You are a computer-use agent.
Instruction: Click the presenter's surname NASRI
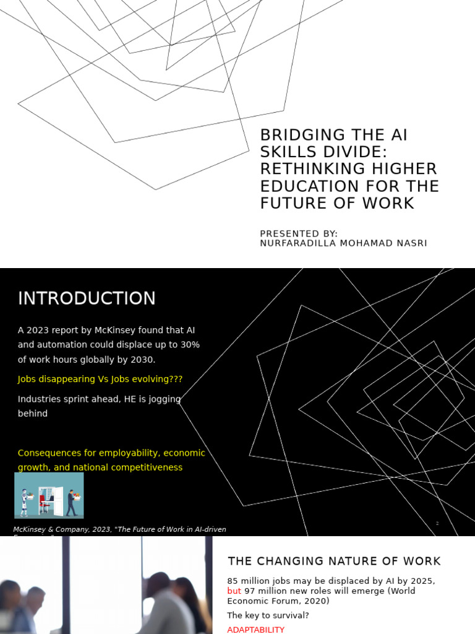pos(407,243)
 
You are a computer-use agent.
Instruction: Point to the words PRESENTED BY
pos(299,234)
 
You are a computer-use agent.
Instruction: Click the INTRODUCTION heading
pos(87,298)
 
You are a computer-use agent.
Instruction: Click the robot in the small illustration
pos(25,502)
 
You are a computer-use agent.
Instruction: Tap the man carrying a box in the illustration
pos(72,502)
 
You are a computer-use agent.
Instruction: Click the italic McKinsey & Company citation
pos(119,529)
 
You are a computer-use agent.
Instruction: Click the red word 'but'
pos(234,591)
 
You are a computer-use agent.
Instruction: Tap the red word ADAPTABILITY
pos(256,630)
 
